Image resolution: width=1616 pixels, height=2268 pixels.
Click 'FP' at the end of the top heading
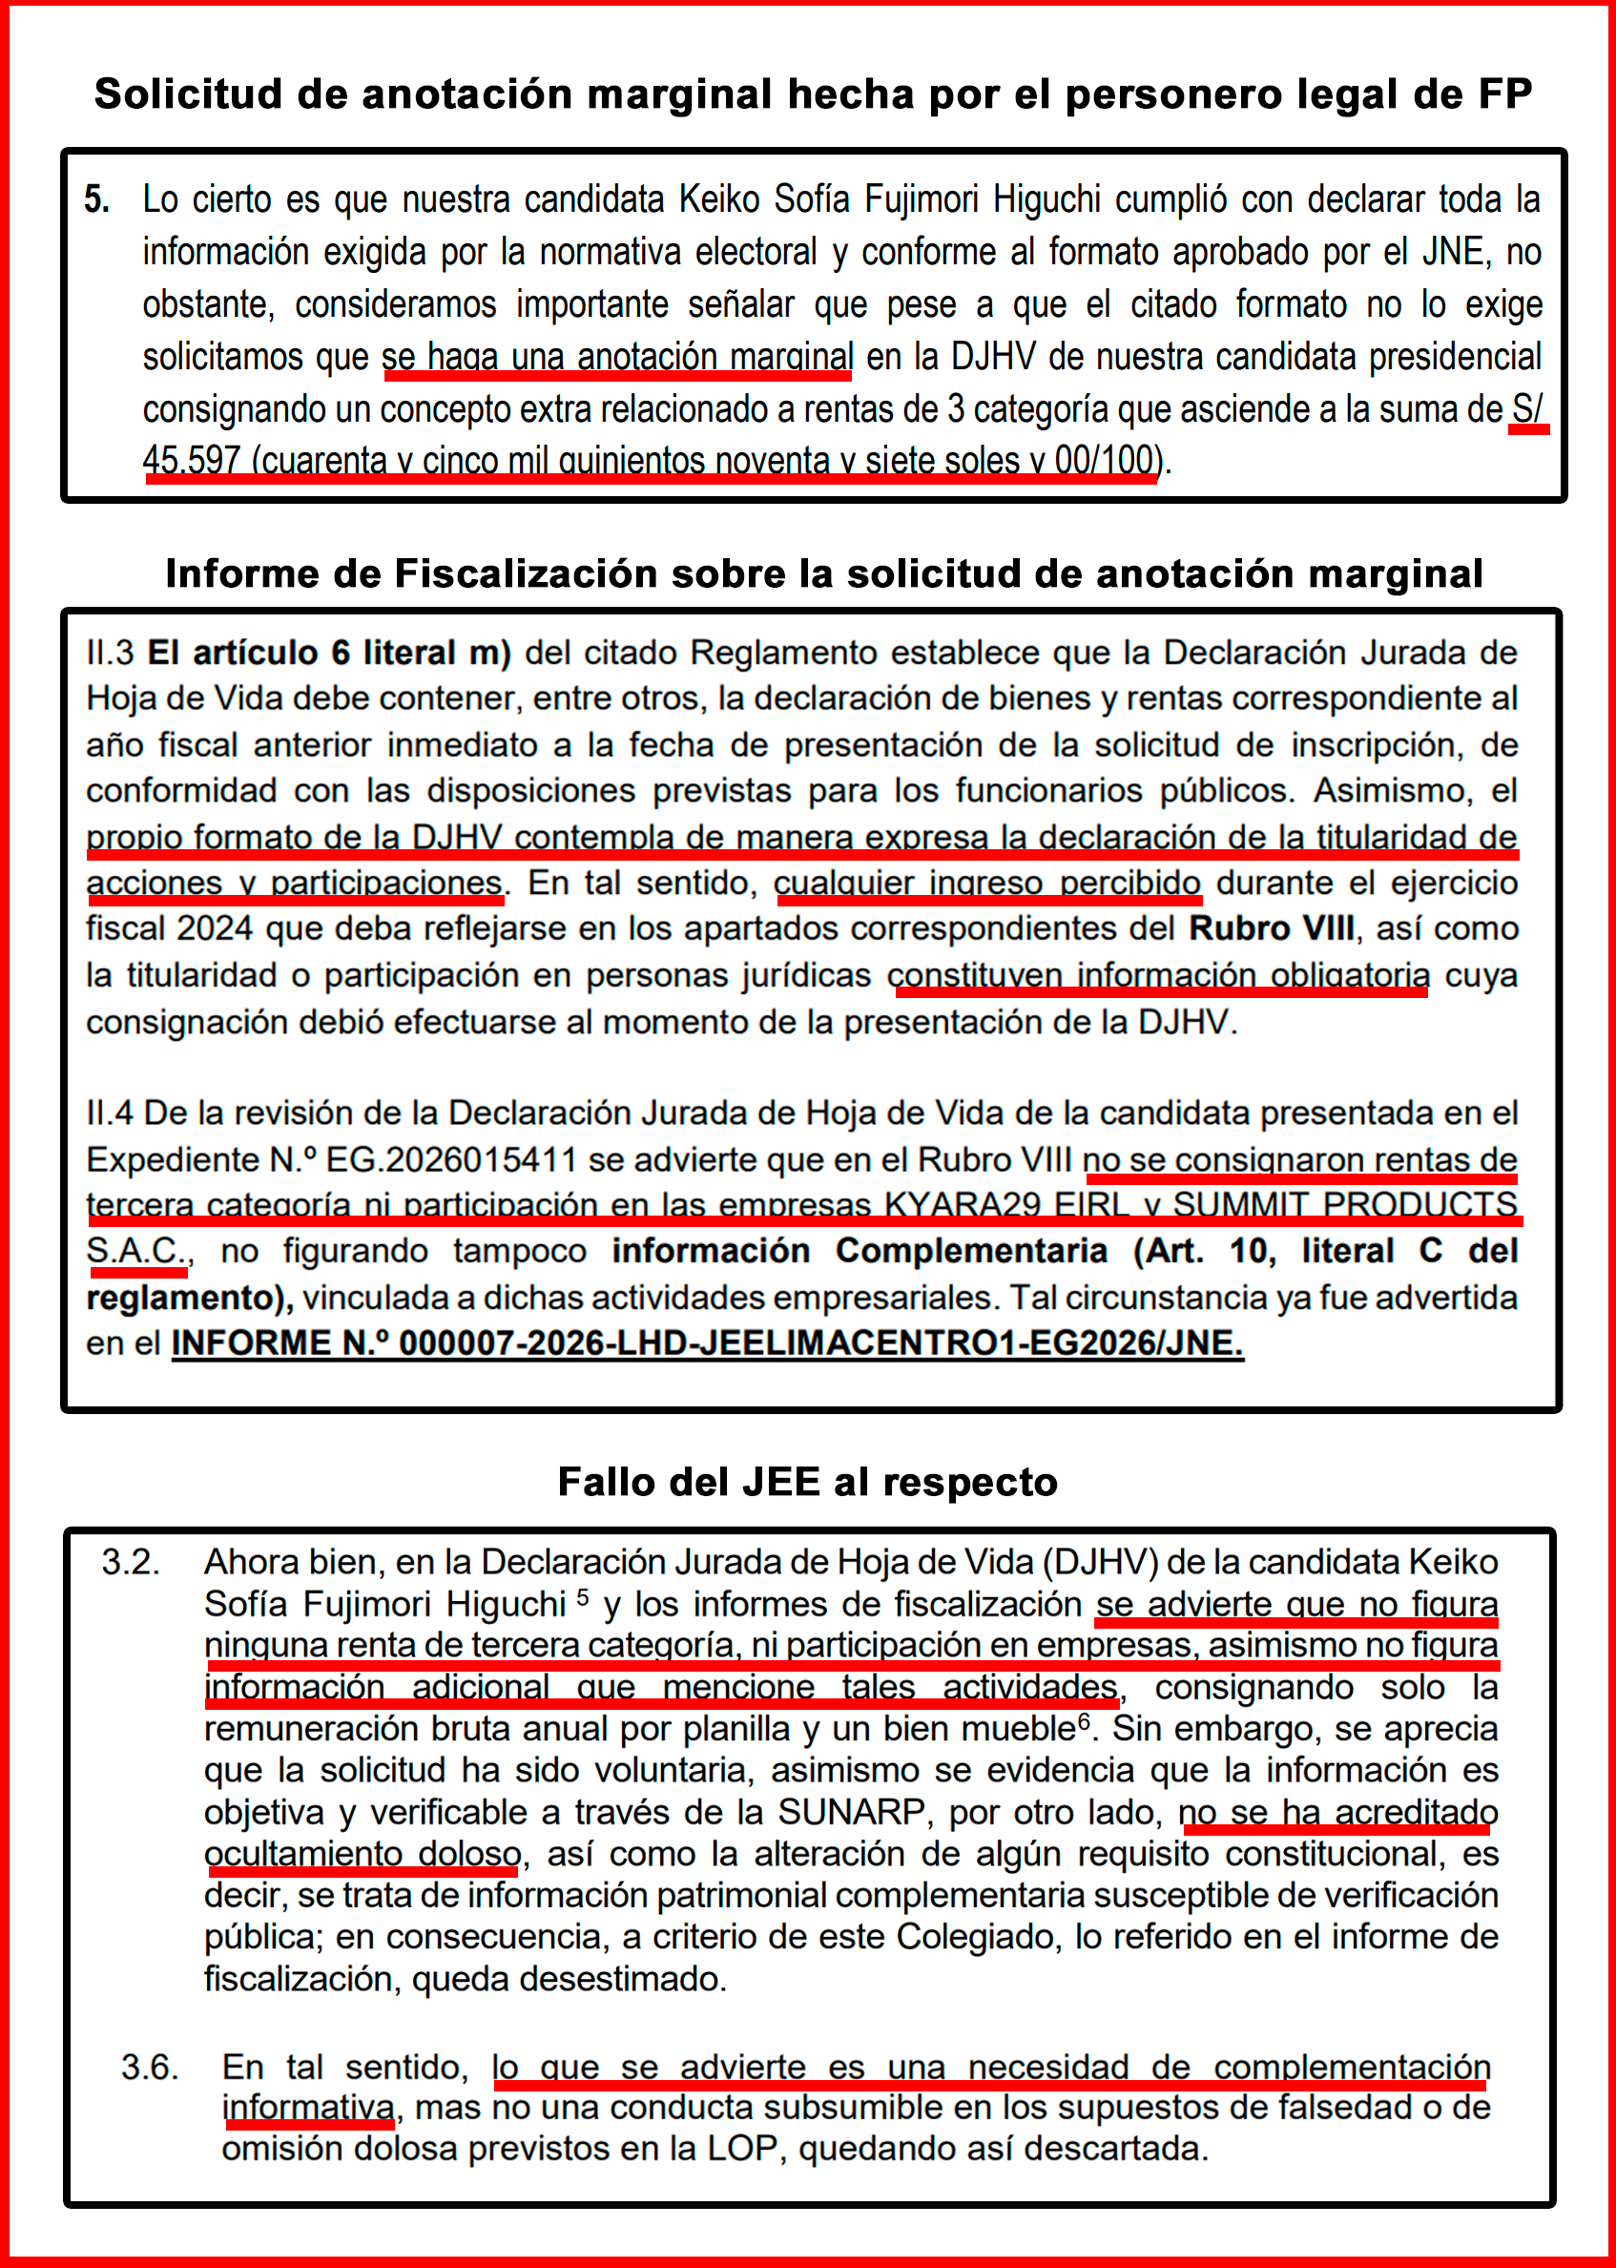tap(1503, 94)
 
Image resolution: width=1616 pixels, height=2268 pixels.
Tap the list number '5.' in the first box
tap(96, 200)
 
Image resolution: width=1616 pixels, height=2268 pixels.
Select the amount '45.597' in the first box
tap(191, 460)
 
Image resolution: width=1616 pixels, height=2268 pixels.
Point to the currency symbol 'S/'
tap(1526, 408)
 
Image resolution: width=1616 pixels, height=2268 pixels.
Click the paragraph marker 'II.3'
tap(110, 653)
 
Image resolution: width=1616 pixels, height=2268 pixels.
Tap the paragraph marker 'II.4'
tap(110, 1113)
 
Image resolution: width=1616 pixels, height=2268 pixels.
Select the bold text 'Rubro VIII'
tap(1271, 928)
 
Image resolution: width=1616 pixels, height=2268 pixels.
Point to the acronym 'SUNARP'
tap(851, 1812)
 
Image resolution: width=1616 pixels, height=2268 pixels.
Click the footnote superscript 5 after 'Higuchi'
tap(582, 1597)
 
